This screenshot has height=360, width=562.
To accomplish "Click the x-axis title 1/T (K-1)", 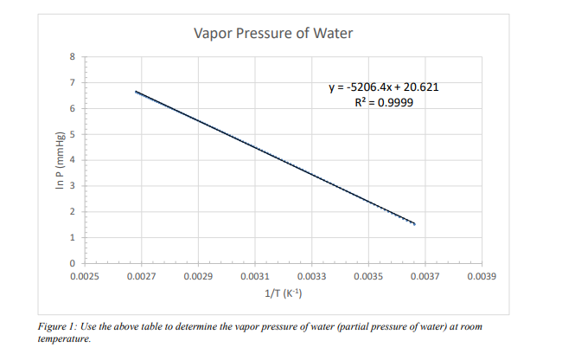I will tap(283, 294).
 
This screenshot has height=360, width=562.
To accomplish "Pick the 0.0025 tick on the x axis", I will tap(84, 278).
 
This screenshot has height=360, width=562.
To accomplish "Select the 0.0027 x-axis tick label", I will tap(141, 278).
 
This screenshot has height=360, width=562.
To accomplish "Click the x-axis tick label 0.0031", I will tap(254, 278).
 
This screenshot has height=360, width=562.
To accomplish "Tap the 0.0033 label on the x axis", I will tap(311, 278).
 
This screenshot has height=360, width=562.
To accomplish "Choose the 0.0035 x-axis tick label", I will tap(368, 278).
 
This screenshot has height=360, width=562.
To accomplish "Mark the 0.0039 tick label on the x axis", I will tap(482, 278).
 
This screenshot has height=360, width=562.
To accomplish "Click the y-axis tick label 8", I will tap(73, 56).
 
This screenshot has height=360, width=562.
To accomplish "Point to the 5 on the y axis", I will tap(73, 134).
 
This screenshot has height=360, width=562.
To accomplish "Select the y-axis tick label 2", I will tap(73, 212).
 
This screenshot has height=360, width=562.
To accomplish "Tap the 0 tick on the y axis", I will tap(73, 263).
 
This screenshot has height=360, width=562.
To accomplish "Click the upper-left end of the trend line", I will tap(136, 91).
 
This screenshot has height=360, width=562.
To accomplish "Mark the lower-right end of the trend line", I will tap(415, 224).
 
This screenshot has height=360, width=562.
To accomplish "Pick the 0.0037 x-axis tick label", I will tap(425, 278).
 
